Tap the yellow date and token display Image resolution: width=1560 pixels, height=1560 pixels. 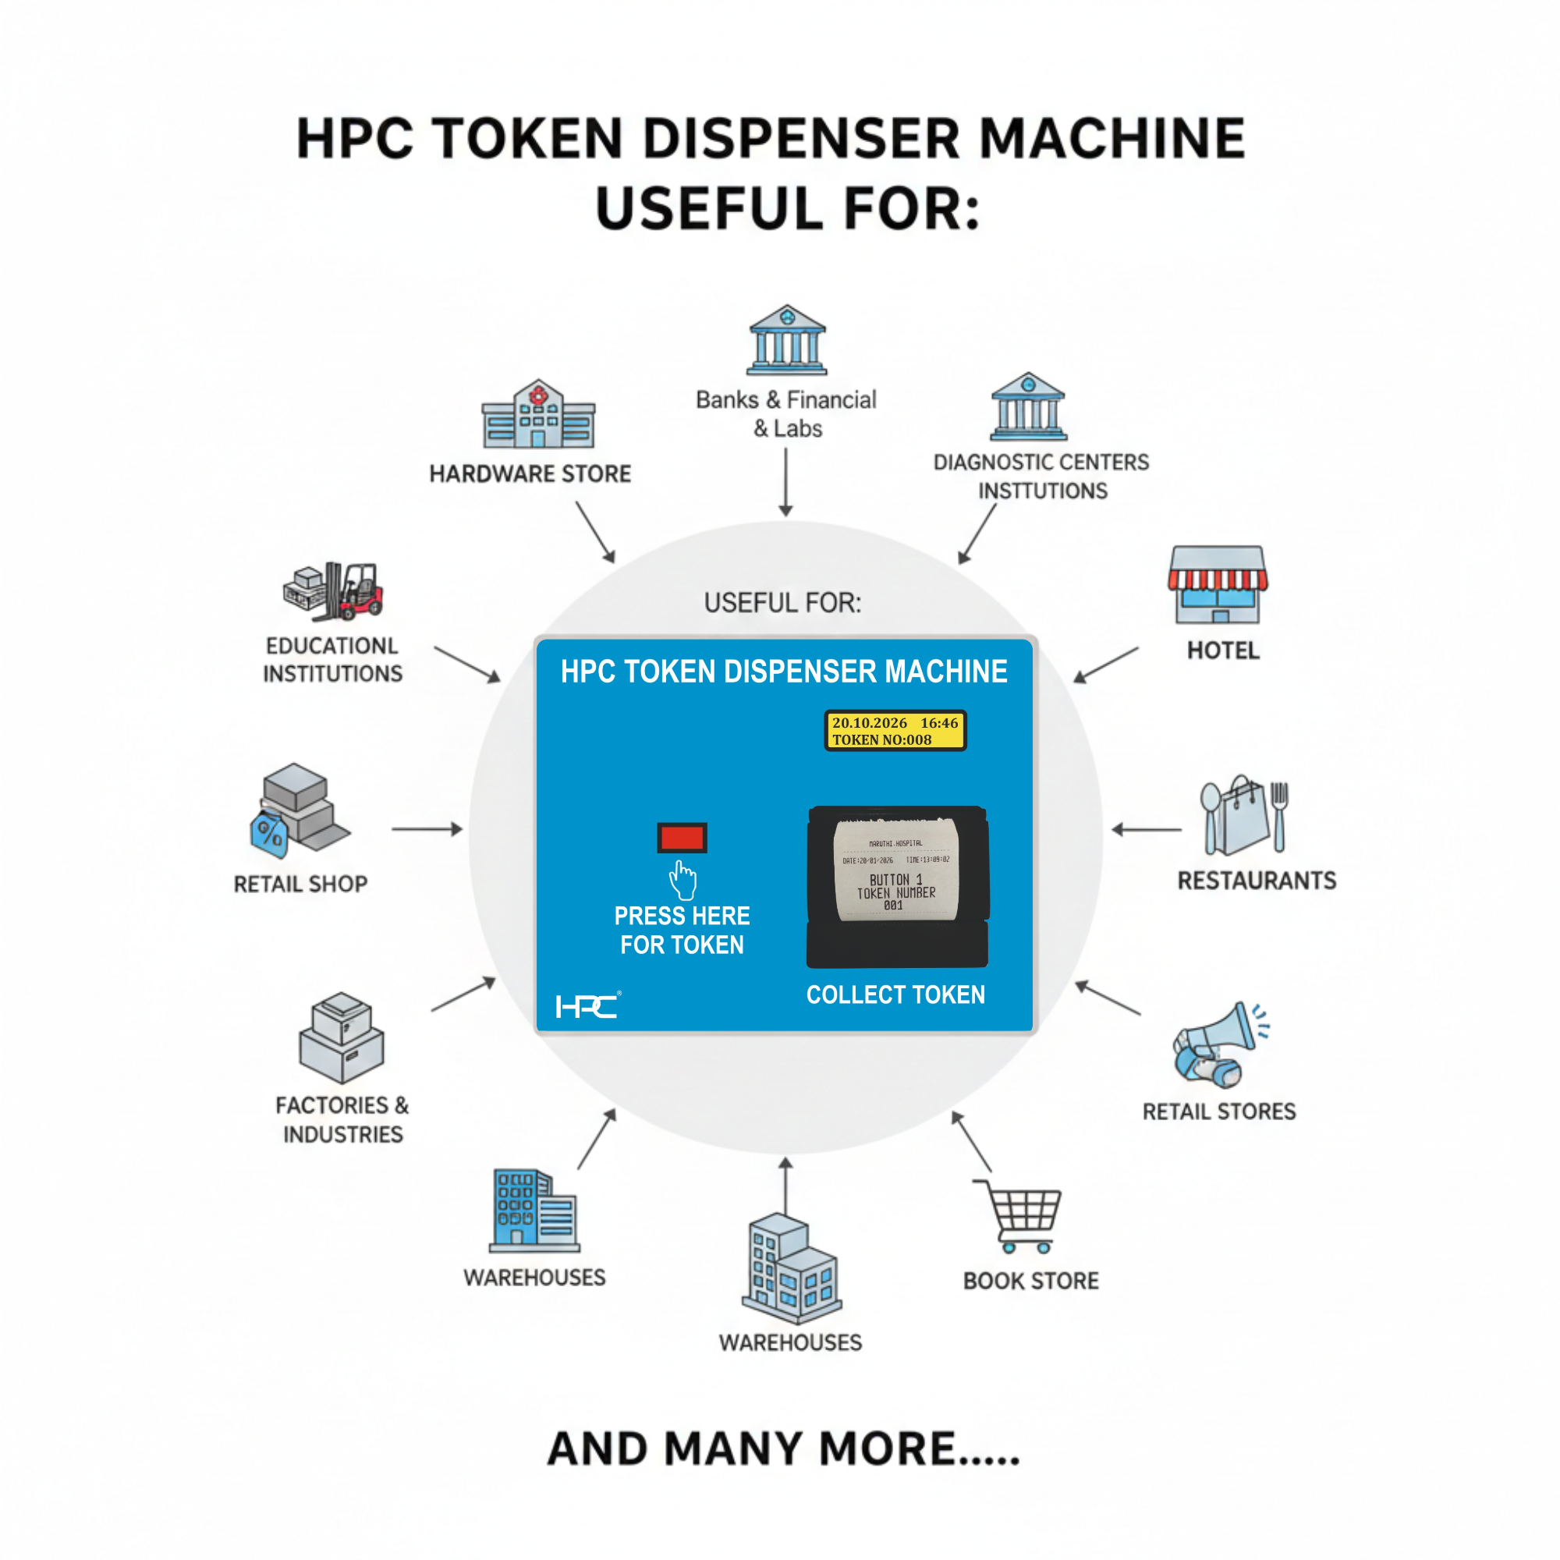[x=895, y=731]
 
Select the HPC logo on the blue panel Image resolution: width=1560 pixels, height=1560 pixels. [x=588, y=1006]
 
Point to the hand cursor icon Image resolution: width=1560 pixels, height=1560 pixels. [x=683, y=880]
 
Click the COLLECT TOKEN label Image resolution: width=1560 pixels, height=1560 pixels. [x=895, y=994]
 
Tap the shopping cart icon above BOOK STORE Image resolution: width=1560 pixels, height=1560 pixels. [x=1019, y=1216]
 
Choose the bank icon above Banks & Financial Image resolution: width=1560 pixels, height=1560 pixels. [x=786, y=341]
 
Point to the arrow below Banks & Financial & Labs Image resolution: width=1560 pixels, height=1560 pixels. [x=785, y=482]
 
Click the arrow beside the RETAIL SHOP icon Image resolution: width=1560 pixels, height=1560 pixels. [x=427, y=829]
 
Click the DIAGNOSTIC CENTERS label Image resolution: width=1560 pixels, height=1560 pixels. [x=1041, y=463]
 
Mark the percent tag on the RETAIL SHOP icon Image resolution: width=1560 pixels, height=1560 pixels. [x=270, y=834]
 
